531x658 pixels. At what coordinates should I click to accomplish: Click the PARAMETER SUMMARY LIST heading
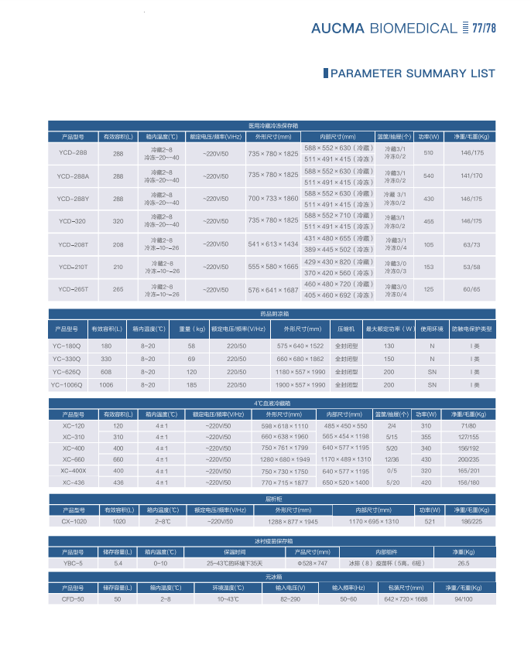pos(412,73)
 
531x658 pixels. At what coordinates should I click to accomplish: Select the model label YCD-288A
pos(74,176)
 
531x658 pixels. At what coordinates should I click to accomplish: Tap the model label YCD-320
pos(74,221)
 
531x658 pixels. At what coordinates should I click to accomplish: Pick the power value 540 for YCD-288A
pos(428,176)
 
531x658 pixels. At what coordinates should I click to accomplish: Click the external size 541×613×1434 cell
pos(272,244)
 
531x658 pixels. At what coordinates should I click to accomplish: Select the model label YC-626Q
pos(67,372)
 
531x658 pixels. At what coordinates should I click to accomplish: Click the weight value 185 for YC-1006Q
pos(191,384)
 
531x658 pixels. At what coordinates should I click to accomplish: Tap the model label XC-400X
pos(74,470)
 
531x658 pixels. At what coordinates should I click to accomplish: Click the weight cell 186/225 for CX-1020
pos(471,522)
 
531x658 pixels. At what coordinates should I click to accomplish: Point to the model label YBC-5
pos(74,564)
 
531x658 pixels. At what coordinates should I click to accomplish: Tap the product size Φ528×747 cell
pos(312,564)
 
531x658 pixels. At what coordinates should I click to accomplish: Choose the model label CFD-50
pos(74,599)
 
